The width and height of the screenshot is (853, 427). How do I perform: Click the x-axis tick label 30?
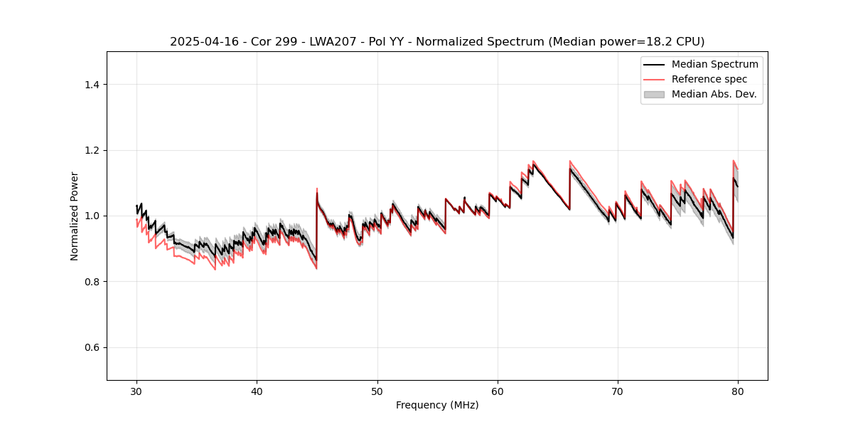pyautogui.click(x=136, y=391)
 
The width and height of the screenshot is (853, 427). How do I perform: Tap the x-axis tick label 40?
pyautogui.click(x=257, y=391)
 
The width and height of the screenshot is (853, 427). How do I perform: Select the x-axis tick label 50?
pyautogui.click(x=377, y=391)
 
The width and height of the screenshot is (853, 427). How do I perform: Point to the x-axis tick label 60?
pyautogui.click(x=498, y=391)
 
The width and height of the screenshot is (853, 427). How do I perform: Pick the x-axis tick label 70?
pyautogui.click(x=618, y=391)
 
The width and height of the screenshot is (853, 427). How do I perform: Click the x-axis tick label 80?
pyautogui.click(x=738, y=391)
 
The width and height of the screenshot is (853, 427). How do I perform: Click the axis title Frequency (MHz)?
pyautogui.click(x=437, y=405)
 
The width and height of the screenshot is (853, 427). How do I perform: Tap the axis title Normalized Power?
pyautogui.click(x=75, y=216)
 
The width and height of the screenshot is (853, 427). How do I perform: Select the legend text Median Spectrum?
pyautogui.click(x=714, y=65)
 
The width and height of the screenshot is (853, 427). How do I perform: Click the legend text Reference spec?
pyautogui.click(x=709, y=79)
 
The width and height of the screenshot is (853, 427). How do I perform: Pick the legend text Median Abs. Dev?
pyautogui.click(x=714, y=94)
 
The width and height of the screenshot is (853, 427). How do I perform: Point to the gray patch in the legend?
pyautogui.click(x=654, y=94)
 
